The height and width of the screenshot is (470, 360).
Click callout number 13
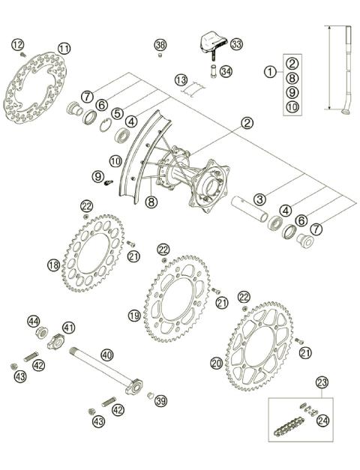point(181,79)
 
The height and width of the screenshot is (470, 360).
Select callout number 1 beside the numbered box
point(268,72)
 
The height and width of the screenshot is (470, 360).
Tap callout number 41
point(68,328)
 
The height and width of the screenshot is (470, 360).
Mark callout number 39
point(160,401)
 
